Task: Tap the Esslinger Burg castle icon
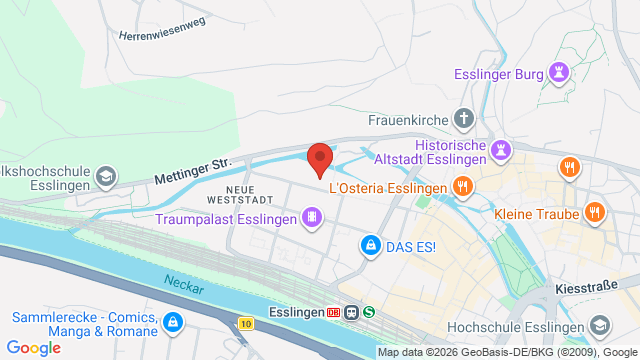pos(559,72)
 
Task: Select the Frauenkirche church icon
pos(463,120)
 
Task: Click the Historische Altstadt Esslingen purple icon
pos(502,150)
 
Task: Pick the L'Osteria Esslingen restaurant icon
pos(462,185)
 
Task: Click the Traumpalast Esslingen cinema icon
pos(313,218)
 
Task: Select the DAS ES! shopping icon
pos(370,244)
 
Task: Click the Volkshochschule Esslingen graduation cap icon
pos(104,177)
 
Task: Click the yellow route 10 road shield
pos(246,322)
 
